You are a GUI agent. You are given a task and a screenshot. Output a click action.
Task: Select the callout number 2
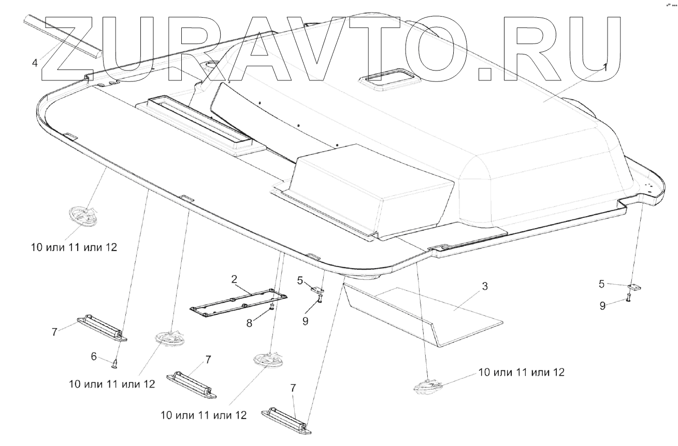[234, 280]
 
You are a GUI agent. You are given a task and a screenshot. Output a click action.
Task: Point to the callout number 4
[35, 63]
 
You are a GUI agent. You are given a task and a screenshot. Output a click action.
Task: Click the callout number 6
[94, 356]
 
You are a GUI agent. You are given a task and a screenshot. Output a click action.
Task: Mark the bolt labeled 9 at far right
[628, 298]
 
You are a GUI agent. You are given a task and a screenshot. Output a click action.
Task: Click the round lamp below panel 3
[427, 386]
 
